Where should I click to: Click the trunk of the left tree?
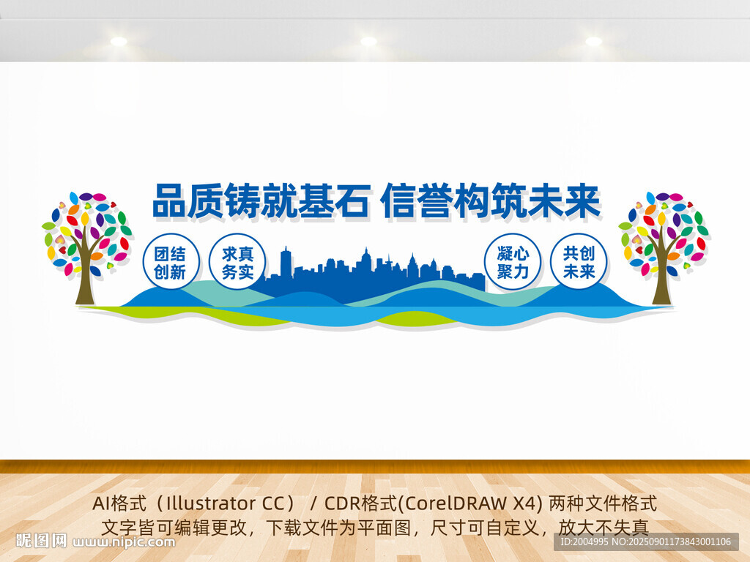[x=85, y=282]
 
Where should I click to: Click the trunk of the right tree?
[x=662, y=282]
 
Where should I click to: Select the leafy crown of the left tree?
[x=86, y=227]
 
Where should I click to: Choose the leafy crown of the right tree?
[x=664, y=227]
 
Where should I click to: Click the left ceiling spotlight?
[x=119, y=41]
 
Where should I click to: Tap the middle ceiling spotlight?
[x=368, y=41]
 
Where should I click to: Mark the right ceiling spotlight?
[x=593, y=41]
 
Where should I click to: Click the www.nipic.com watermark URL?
[x=125, y=542]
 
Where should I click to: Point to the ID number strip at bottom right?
[x=645, y=542]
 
